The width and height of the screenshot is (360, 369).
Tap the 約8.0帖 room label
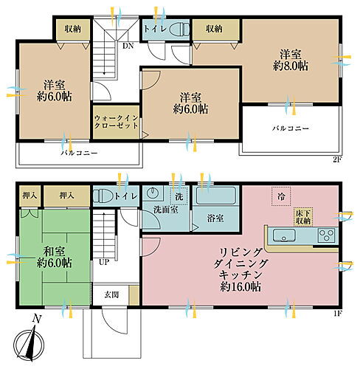(x=294, y=59)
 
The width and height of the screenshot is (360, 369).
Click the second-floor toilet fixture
(x=178, y=30)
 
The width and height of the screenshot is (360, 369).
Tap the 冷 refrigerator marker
(x=281, y=196)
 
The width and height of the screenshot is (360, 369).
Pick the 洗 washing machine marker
(x=178, y=197)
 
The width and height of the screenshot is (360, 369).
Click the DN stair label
(x=127, y=45)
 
